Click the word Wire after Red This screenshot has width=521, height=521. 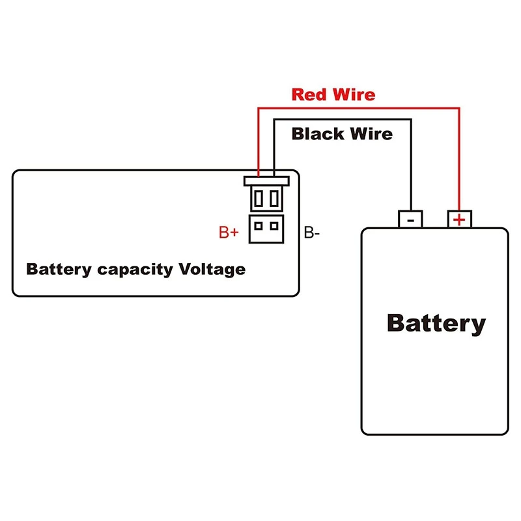click(x=352, y=94)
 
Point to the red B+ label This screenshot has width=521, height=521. click(x=228, y=232)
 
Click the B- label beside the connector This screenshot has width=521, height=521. click(x=312, y=232)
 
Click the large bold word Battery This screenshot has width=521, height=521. click(x=436, y=324)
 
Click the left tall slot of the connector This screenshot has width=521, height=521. click(x=259, y=197)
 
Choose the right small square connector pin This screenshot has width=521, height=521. click(x=274, y=226)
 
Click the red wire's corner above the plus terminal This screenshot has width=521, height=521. click(x=459, y=109)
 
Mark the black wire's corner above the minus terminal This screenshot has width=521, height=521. click(x=410, y=119)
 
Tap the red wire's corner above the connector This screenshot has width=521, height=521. click(x=259, y=109)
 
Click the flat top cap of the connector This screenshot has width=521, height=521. click(x=266, y=180)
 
